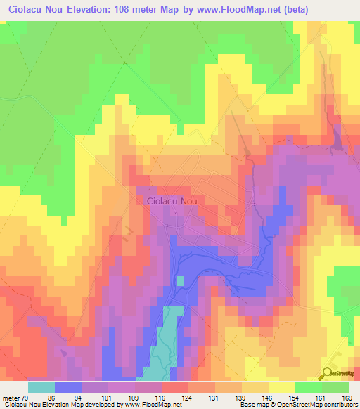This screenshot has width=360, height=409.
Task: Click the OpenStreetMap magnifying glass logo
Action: (x=328, y=372)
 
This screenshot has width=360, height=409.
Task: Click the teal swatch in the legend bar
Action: (x=41, y=387)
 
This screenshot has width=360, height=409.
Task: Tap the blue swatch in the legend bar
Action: (x=67, y=387)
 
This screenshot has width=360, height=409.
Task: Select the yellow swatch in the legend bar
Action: (x=282, y=387)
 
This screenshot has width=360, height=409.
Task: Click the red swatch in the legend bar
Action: (x=175, y=387)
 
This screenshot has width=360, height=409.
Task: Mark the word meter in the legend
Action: (x=10, y=398)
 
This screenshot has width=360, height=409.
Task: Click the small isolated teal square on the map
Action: (x=181, y=280)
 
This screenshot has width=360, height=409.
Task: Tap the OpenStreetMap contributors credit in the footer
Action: (x=308, y=405)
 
